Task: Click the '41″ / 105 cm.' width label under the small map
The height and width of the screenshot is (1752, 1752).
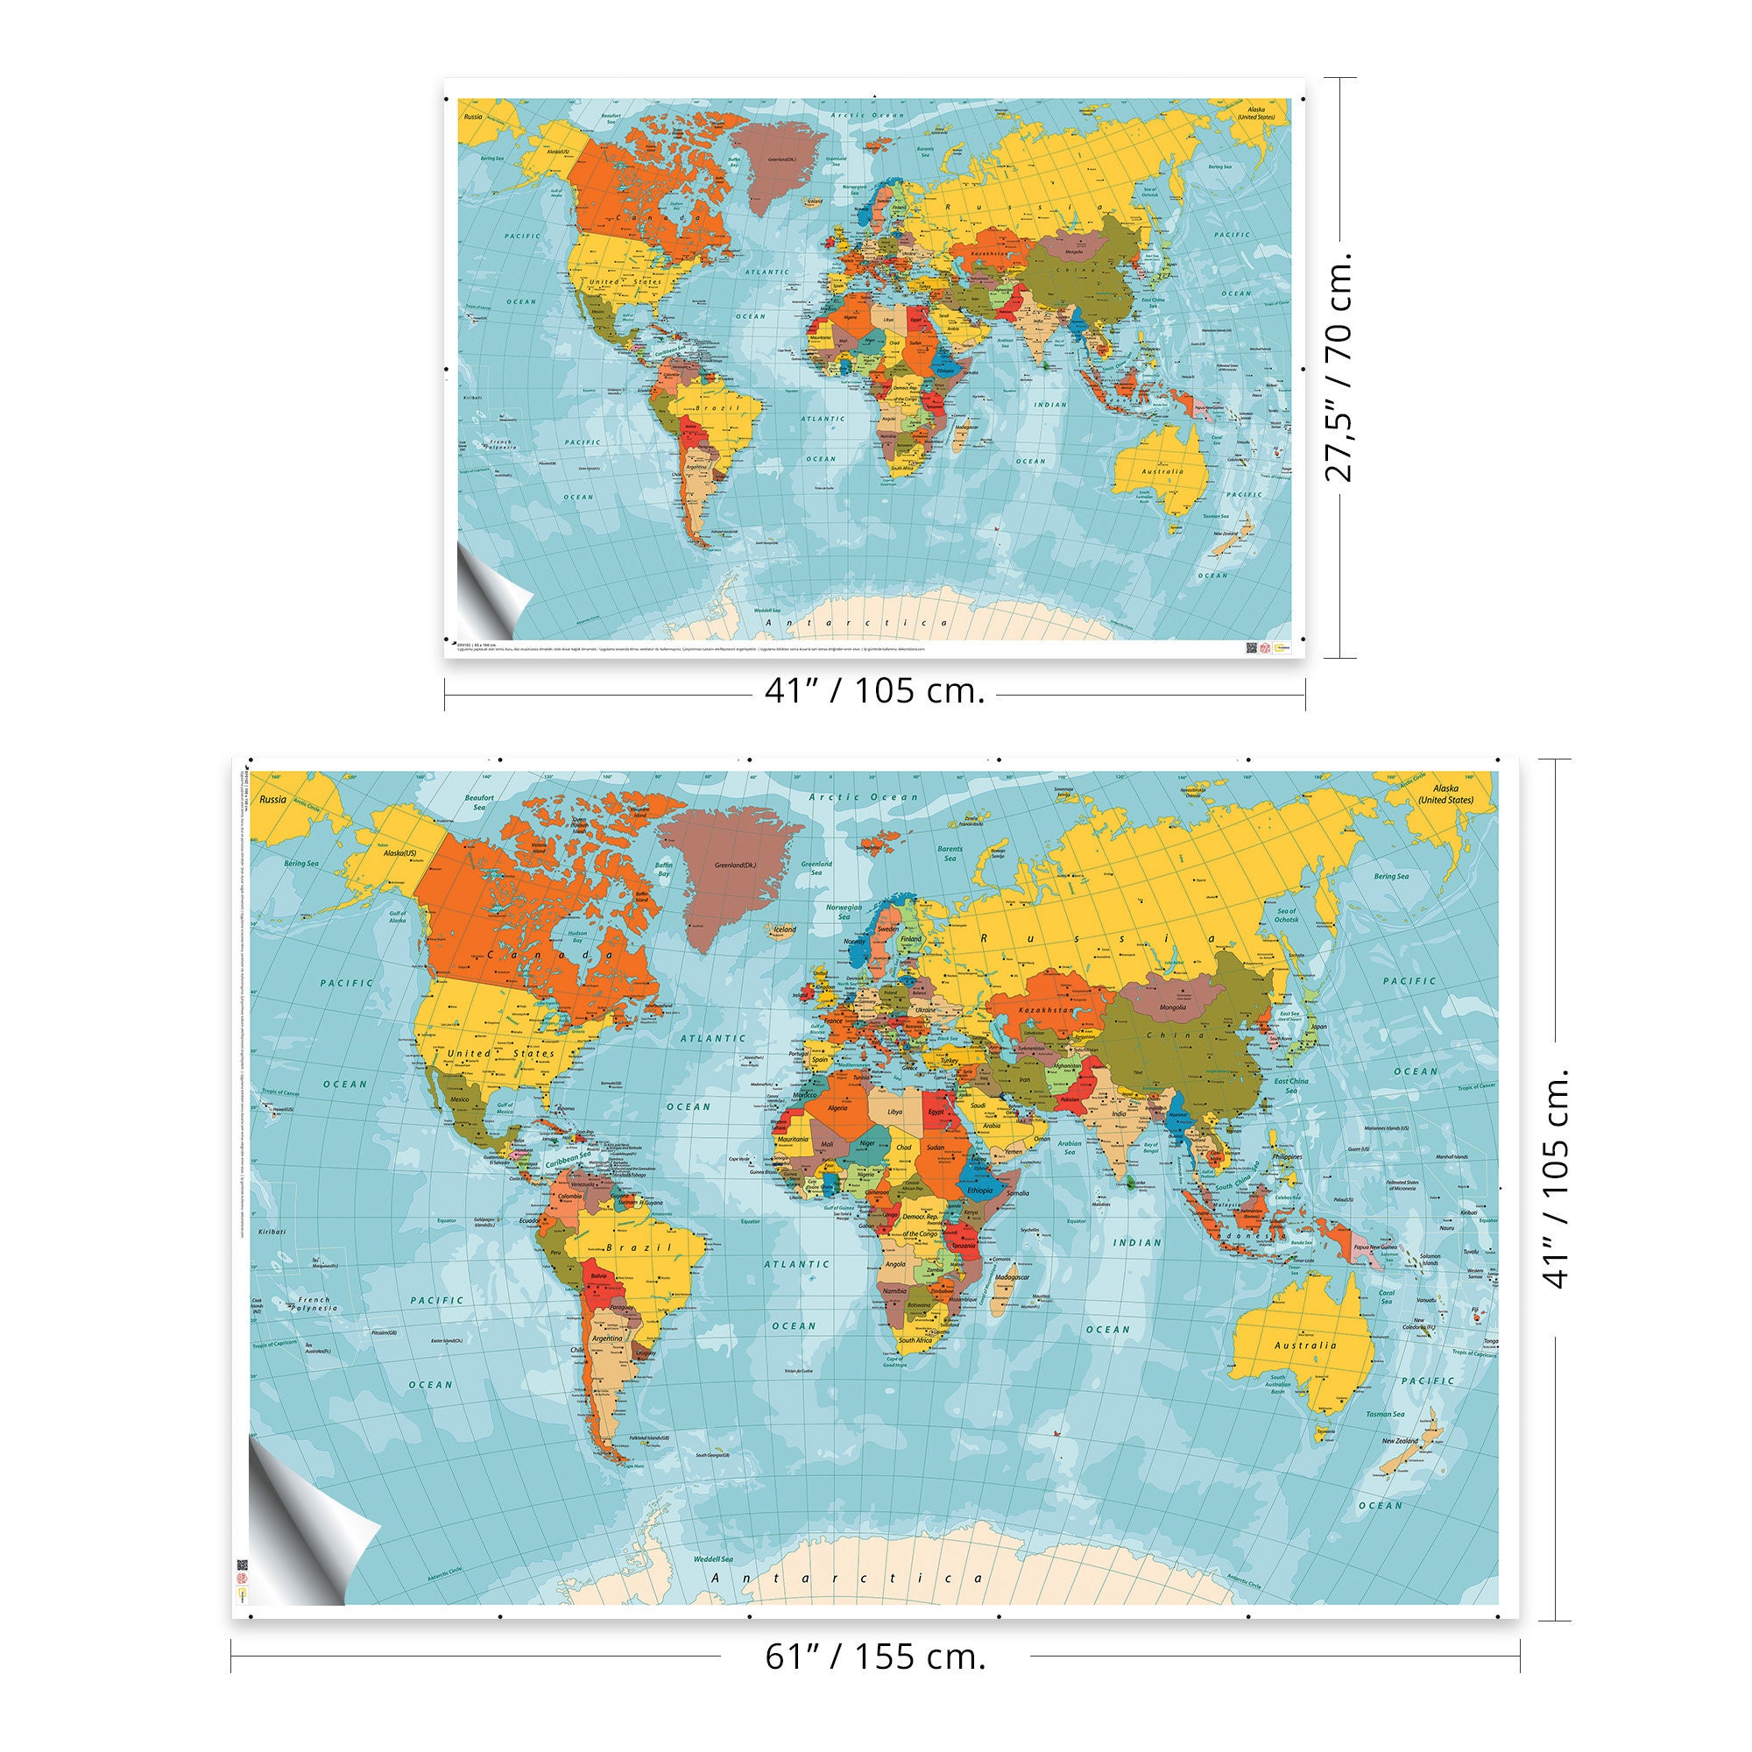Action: tap(874, 692)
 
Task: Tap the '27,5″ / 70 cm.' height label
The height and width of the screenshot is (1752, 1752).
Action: tap(1339, 366)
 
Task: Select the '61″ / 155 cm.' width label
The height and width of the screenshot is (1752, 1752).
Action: tap(875, 1657)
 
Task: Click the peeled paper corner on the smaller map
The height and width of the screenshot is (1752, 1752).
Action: tap(491, 594)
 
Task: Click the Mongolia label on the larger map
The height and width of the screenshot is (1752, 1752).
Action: tap(1173, 1007)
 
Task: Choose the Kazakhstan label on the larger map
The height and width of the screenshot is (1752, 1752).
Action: tap(1049, 1009)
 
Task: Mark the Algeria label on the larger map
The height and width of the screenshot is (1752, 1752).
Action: tap(832, 1108)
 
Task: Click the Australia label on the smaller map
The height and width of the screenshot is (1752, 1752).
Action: tap(1162, 471)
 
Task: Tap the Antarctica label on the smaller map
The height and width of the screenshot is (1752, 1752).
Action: tap(856, 623)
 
